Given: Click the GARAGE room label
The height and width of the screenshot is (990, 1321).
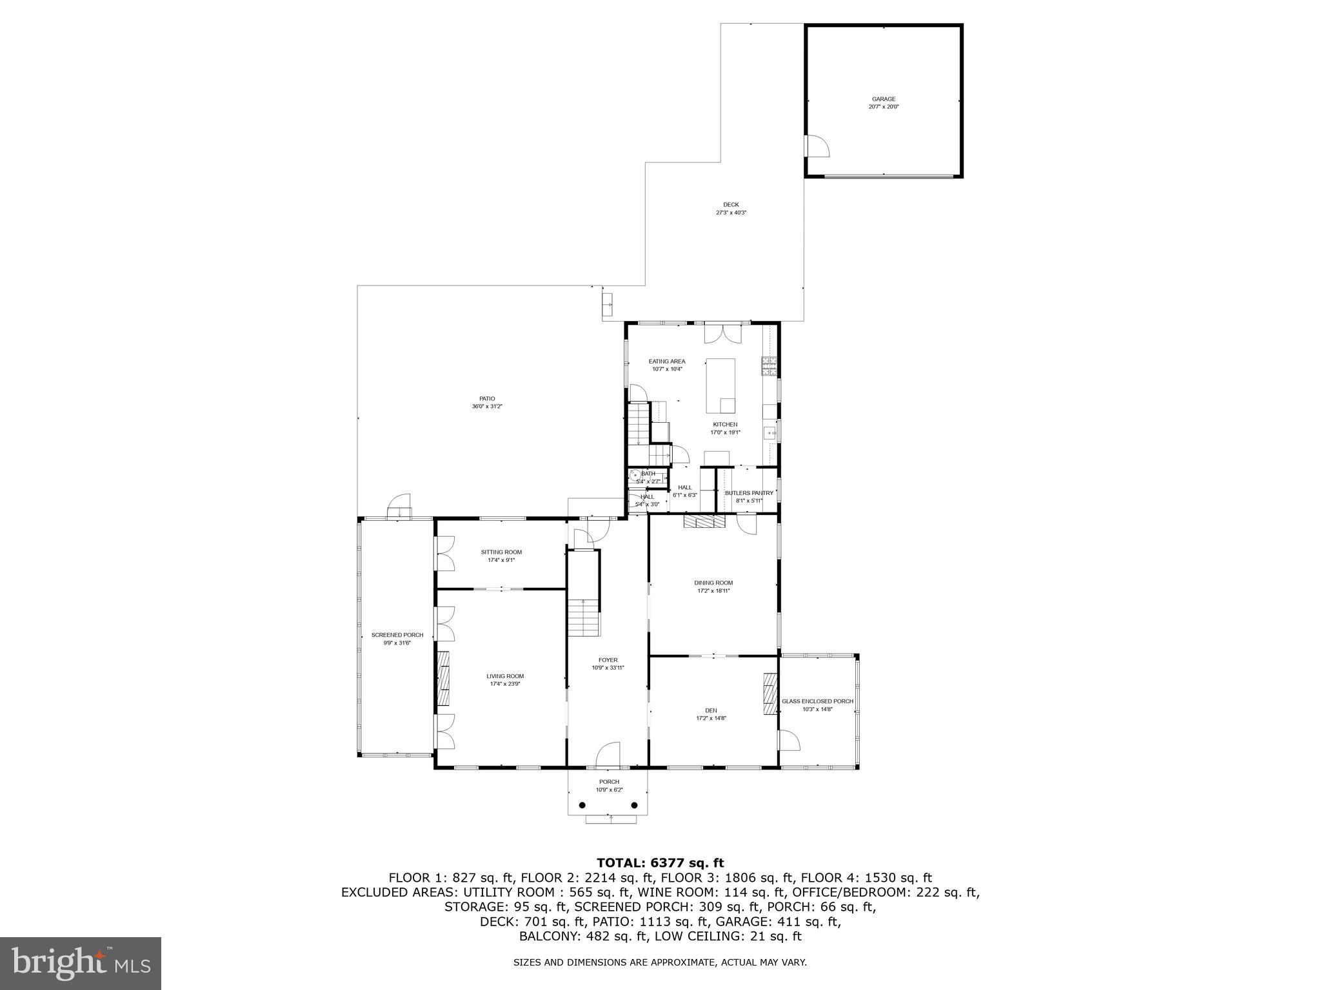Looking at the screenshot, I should point(883,99).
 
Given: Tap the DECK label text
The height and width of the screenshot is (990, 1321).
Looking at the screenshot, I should point(731,205).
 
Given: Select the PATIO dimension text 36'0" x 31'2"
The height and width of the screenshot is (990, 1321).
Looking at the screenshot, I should point(486,407).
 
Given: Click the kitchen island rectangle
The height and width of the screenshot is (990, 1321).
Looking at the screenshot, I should point(720,385).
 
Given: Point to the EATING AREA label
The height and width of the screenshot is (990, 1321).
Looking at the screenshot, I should point(667,362).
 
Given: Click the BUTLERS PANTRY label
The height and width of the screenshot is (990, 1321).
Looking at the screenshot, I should point(749,493).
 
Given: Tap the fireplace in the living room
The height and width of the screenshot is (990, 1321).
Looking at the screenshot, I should point(443,679).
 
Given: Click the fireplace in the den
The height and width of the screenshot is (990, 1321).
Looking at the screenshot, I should point(770,694).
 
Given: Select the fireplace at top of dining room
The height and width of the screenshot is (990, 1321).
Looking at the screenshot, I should point(705,521).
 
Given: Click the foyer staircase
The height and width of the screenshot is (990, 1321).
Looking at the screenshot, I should point(584,617).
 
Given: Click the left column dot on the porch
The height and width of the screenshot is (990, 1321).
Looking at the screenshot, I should point(583,806).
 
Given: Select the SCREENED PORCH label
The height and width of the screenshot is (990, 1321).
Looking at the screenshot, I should point(397,635).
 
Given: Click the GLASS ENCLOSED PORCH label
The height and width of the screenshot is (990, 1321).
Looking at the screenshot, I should point(817,701).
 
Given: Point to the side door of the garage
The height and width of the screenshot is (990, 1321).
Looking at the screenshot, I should point(817,146).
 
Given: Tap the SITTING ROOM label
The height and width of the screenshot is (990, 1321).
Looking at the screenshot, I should point(501,552).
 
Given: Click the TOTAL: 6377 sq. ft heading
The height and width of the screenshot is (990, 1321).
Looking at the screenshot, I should point(660,863).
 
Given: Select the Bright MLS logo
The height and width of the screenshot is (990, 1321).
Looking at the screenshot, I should point(81,963).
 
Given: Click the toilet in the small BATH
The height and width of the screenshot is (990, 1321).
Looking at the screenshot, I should point(635,476).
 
